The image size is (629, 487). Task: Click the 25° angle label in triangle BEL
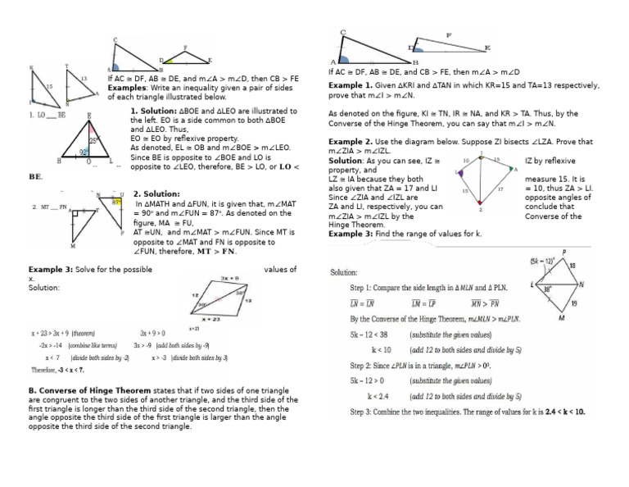click(94, 141)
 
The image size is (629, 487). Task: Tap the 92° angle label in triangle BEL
click(84, 152)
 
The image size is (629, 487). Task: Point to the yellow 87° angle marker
click(116, 202)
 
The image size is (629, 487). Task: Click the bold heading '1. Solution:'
click(155, 110)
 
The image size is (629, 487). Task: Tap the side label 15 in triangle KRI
click(26, 85)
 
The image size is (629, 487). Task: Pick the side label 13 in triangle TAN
click(84, 78)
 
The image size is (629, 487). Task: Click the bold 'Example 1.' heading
click(351, 84)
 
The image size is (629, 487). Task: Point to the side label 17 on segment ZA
click(499, 189)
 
